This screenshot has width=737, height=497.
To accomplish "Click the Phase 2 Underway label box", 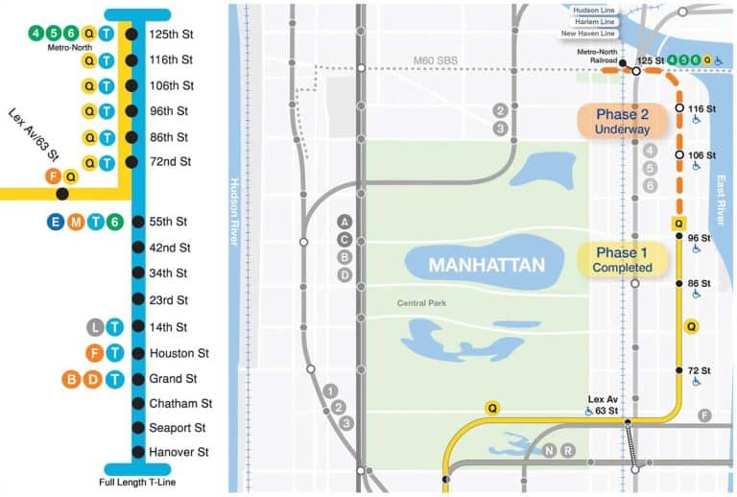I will point(622,121).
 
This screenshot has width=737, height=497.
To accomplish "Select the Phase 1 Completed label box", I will point(622,260).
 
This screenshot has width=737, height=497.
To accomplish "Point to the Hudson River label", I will point(233,211).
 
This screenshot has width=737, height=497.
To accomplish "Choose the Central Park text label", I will point(423,304).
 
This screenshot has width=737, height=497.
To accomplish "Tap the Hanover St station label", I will point(178,452).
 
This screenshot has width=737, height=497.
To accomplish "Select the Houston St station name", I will point(178,353).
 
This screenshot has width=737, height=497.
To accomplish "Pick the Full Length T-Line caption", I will point(137,482).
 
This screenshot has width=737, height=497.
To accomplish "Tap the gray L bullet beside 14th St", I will point(94,327).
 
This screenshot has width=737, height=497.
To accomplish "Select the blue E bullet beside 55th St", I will point(55,222).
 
